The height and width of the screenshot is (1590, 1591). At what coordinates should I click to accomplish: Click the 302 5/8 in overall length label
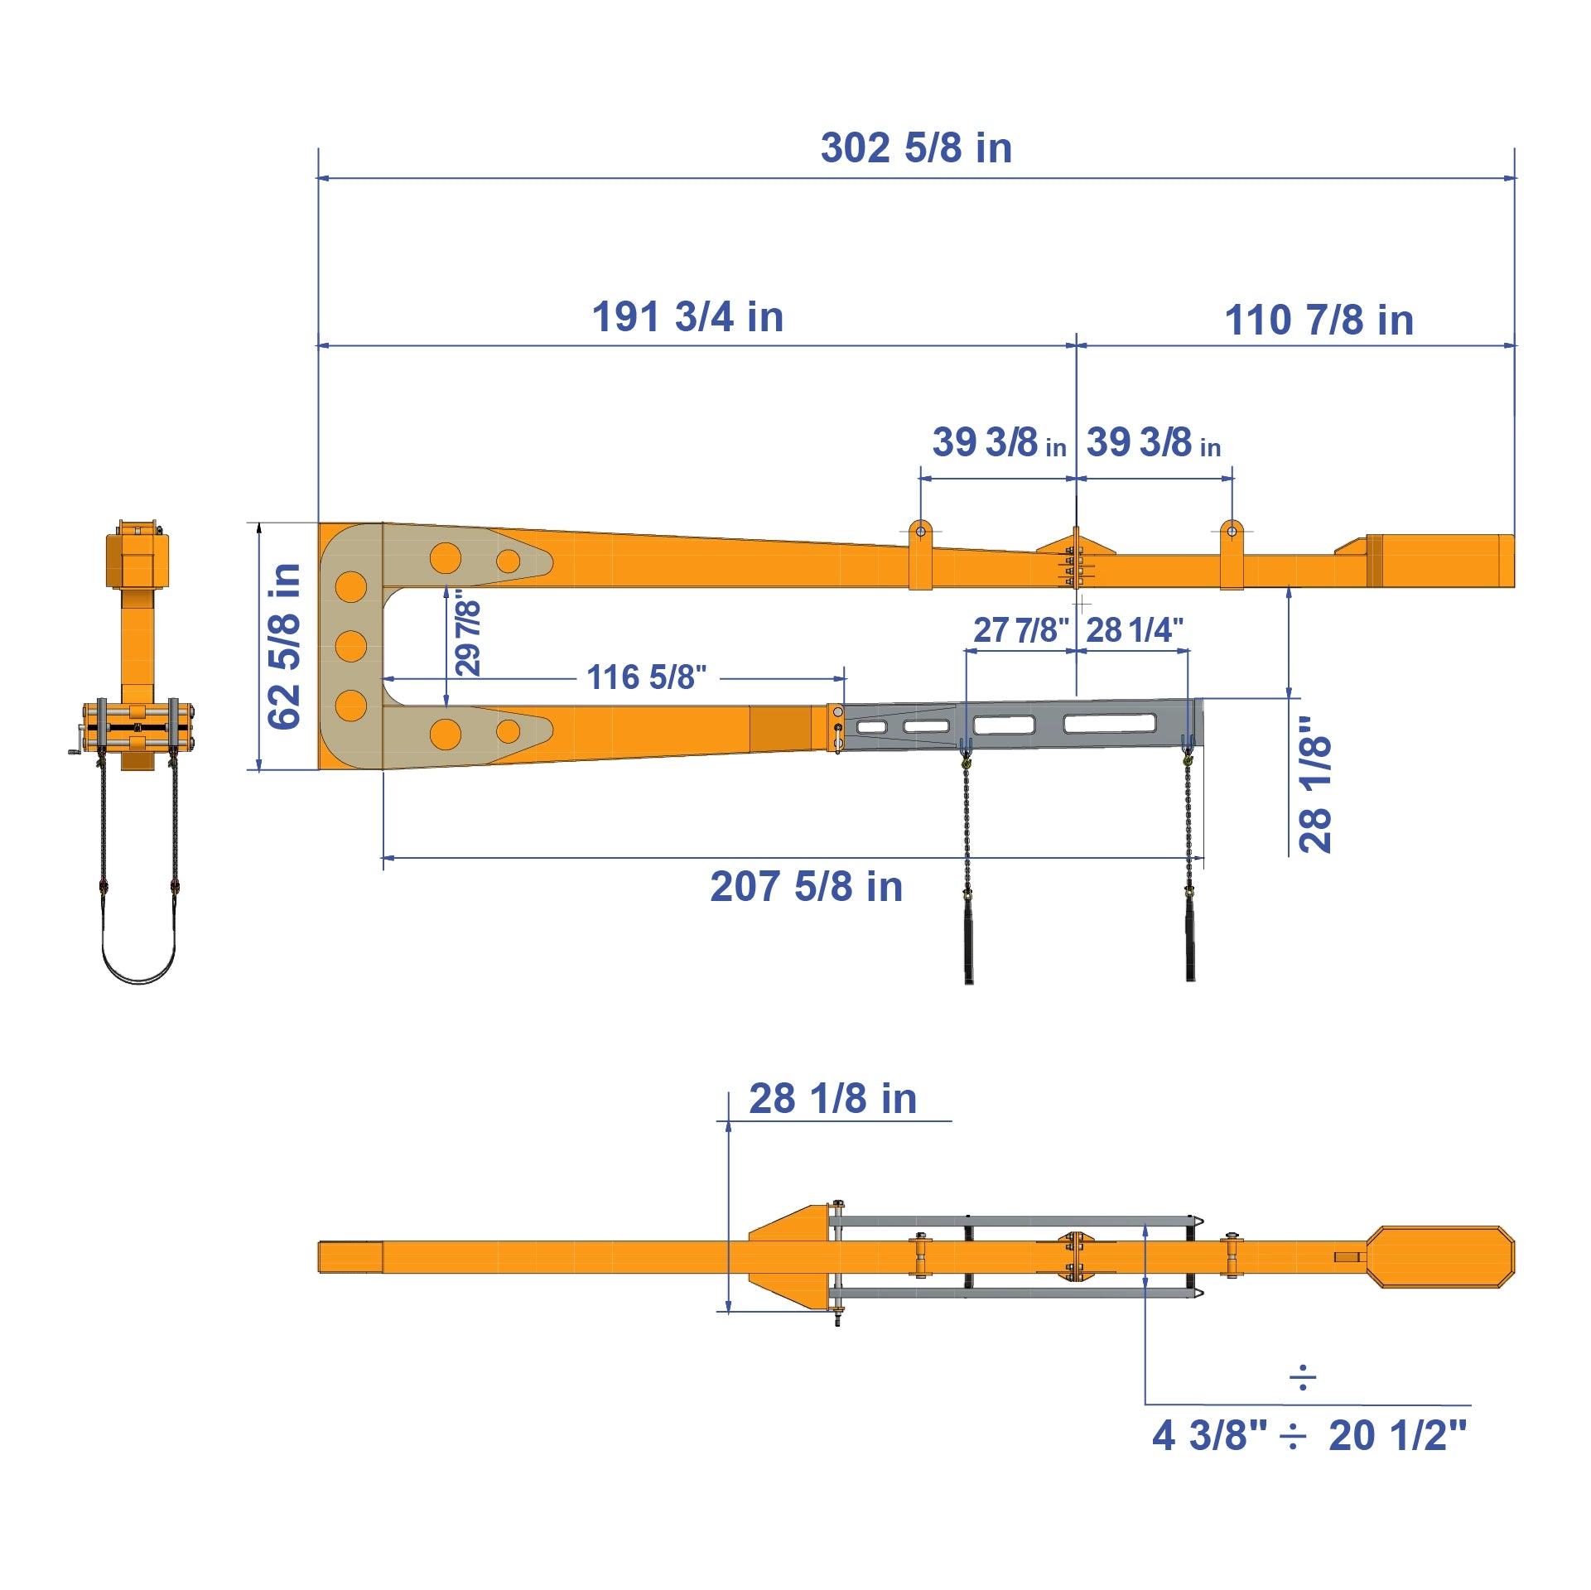916,148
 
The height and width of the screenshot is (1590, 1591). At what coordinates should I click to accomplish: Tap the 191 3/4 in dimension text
687,317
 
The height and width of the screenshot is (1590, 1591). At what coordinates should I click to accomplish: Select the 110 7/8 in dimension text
1319,320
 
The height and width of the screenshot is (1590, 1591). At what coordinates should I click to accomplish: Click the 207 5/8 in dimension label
806,887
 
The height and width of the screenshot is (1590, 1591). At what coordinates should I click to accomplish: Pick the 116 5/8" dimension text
647,677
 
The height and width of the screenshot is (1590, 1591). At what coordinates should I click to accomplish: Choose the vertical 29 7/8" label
468,632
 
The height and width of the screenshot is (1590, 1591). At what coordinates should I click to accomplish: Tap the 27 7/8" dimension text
1020,630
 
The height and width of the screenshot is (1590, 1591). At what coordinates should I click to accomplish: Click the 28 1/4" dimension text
1135,630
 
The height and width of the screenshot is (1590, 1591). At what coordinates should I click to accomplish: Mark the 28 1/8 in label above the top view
832,1099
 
